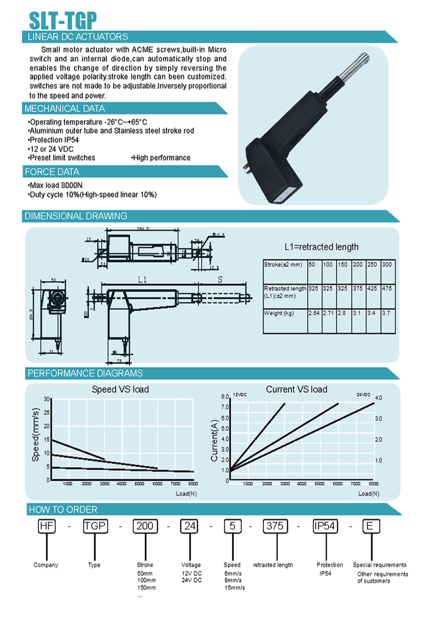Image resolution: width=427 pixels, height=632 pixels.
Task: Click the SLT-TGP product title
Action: click(x=63, y=21)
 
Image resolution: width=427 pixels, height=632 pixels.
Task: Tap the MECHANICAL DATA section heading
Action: click(x=65, y=108)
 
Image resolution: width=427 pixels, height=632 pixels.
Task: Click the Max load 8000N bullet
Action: click(x=55, y=185)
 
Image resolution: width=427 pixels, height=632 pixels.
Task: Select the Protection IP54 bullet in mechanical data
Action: click(x=53, y=140)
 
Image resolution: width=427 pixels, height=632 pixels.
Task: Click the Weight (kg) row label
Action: click(x=278, y=313)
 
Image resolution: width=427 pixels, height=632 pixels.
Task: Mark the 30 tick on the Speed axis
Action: click(x=47, y=399)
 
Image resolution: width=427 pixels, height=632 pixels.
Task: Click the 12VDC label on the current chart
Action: click(x=239, y=395)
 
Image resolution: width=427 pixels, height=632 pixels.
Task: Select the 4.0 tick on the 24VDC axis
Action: click(x=378, y=398)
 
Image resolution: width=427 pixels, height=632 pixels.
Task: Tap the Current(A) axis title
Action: click(x=214, y=441)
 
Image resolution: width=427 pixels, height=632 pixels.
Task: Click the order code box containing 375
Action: click(x=275, y=526)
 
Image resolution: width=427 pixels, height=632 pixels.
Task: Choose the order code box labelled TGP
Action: click(x=95, y=526)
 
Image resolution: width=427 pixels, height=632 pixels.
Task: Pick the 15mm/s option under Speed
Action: click(x=234, y=588)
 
